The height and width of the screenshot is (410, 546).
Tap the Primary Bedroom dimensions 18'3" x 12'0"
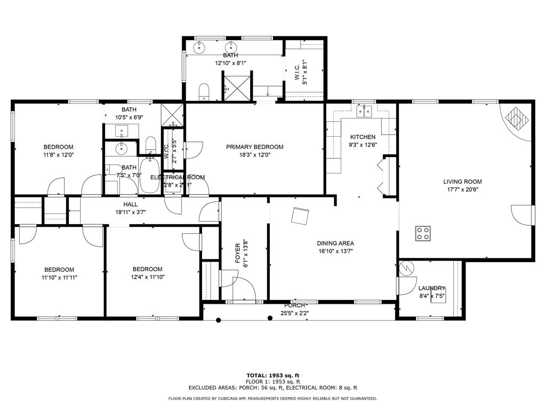pos(254,155)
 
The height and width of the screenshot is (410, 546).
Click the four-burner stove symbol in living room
pos(423,233)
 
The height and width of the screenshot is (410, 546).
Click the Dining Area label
pos(335,243)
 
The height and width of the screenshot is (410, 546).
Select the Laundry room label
pos(431,288)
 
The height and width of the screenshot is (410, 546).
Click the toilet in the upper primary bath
pos(204,92)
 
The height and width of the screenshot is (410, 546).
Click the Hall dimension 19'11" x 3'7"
pos(130,212)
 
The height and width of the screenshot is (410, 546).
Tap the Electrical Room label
pos(178,177)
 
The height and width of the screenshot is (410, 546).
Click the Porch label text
pos(294,306)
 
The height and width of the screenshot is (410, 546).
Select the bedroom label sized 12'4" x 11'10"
pos(147,269)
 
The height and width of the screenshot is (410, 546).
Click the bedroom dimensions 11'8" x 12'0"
pos(58,155)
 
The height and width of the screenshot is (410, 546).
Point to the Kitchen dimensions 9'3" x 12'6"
pos(363,145)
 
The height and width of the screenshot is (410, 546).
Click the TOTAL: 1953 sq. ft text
pos(272,375)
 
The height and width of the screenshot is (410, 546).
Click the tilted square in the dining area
pos(300,216)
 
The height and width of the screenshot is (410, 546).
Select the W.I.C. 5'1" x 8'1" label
pos(301,70)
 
